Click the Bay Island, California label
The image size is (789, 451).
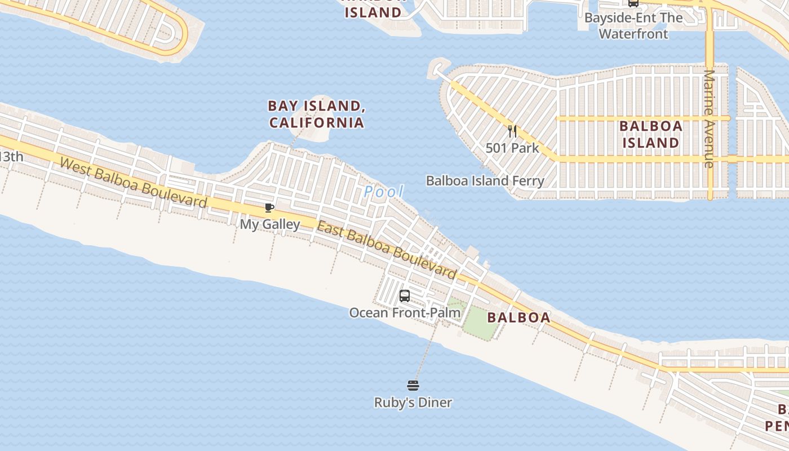click(x=316, y=114)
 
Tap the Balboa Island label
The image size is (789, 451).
click(x=650, y=134)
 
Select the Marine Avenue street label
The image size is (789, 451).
click(x=710, y=118)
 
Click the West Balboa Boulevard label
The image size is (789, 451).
click(x=133, y=183)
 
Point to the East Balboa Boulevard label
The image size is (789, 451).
click(x=386, y=250)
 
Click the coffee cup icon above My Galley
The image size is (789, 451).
click(x=269, y=208)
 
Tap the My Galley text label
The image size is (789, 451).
click(x=270, y=224)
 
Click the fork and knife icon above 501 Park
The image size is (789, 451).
click(x=512, y=131)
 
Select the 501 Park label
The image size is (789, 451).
click(x=512, y=148)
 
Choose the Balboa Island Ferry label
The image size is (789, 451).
click(x=485, y=181)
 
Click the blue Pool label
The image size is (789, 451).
click(x=384, y=192)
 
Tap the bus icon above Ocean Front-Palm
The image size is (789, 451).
click(x=405, y=295)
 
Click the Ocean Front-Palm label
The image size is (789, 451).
click(x=405, y=312)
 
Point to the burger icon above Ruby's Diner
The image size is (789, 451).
click(x=413, y=386)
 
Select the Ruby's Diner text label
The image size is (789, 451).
click(x=413, y=403)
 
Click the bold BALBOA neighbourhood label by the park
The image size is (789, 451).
click(x=518, y=317)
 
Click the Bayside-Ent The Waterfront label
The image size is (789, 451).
click(x=633, y=26)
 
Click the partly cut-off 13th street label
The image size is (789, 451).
click(x=11, y=156)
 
